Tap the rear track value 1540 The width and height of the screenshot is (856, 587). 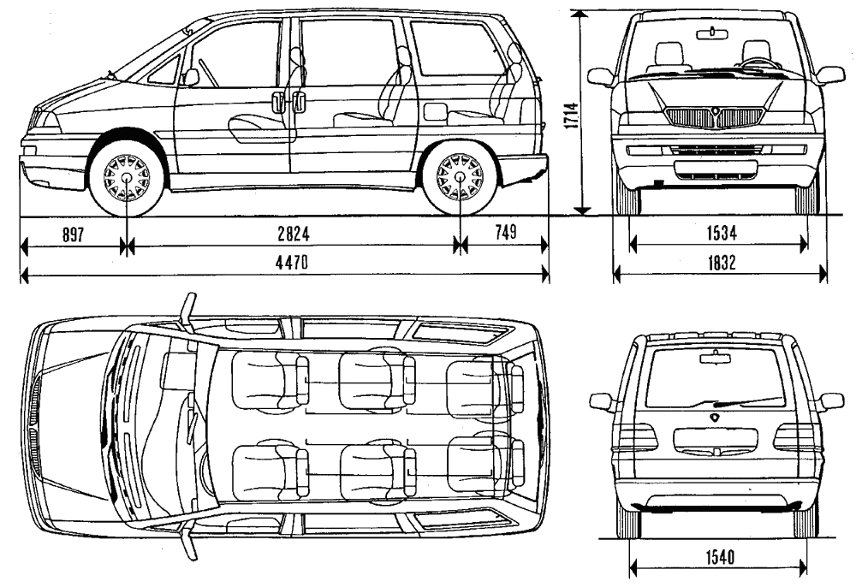tap(719, 558)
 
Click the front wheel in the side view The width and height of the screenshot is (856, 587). tap(127, 178)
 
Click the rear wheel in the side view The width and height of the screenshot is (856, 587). tap(460, 178)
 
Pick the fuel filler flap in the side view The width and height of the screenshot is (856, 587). tap(435, 111)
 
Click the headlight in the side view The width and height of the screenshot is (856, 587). tap(45, 121)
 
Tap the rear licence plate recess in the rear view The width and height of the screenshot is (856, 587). tap(715, 441)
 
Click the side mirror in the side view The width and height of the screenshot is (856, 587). tap(190, 77)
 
